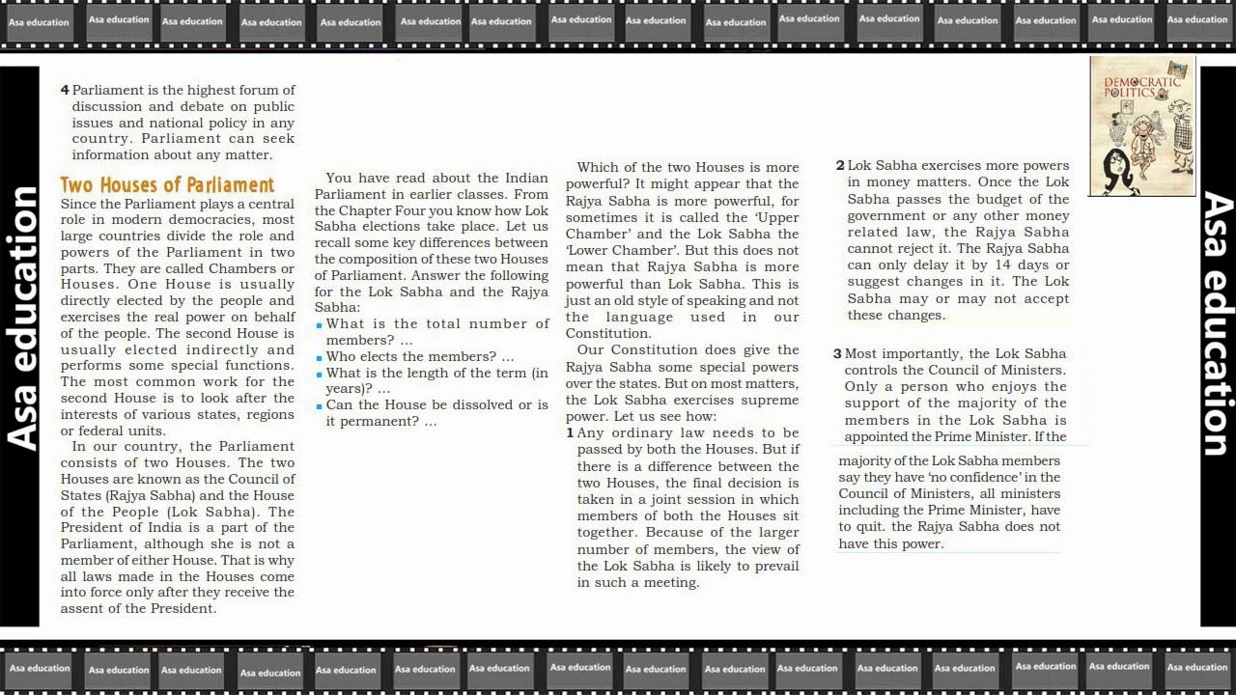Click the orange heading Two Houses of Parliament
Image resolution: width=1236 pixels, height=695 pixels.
167,184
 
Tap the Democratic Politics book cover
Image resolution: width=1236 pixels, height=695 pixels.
1142,126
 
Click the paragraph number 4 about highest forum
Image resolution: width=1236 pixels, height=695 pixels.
65,90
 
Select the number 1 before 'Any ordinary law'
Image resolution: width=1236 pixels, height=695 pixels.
570,433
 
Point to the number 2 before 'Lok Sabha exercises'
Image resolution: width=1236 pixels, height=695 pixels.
840,166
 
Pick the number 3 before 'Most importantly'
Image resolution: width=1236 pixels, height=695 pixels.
837,354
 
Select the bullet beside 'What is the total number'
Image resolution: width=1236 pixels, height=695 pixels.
320,325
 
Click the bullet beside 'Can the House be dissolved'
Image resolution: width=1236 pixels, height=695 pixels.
320,406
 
